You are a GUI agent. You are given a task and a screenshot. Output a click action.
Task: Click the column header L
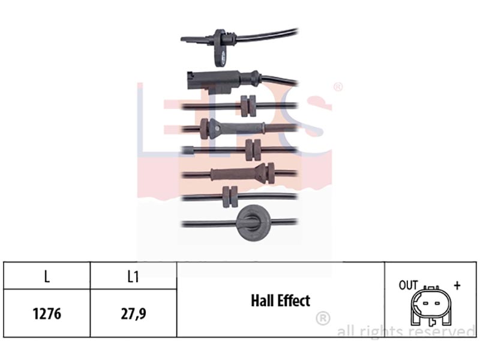pos(47,277)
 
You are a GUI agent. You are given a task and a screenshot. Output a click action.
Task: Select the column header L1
pos(133,277)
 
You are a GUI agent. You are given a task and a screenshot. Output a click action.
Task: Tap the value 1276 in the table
pos(47,314)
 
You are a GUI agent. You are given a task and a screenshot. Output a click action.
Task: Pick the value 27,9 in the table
pos(133,314)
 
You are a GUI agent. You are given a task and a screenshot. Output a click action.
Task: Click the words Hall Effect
pos(280,301)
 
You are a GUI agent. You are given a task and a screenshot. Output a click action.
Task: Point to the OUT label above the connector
pos(408,285)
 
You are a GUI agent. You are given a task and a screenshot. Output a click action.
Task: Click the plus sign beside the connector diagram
pos(457,286)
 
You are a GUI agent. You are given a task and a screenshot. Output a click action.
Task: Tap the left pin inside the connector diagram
pos(425,304)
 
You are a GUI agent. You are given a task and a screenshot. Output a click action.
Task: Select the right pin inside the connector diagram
pos(437,304)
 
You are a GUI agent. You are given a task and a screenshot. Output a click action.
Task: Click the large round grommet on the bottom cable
pos(253,222)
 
